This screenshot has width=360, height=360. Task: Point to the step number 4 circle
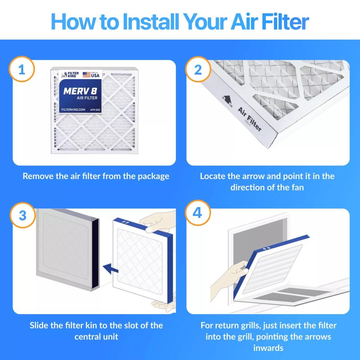pos(198,213)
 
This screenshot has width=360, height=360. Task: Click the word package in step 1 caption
pos(151,176)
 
